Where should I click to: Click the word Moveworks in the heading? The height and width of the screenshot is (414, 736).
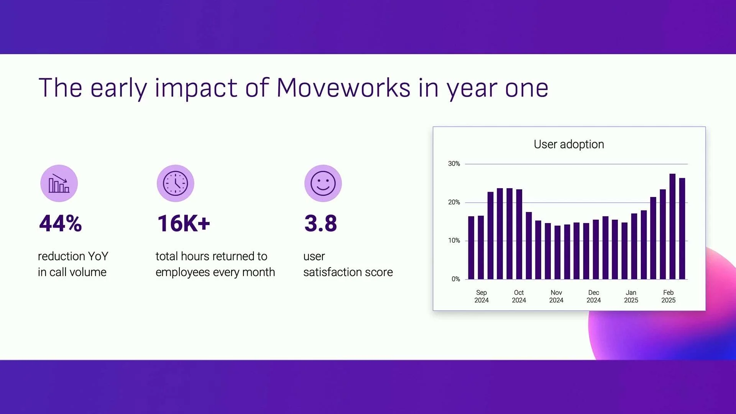click(343, 88)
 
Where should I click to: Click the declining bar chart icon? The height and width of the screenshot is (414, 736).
click(59, 183)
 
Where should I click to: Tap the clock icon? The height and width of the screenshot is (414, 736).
click(175, 183)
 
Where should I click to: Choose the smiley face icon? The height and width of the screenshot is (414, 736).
click(323, 183)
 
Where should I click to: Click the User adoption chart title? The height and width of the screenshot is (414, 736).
click(568, 144)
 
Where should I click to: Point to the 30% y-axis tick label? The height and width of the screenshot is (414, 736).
click(454, 164)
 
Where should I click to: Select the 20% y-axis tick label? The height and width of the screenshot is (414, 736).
click(454, 202)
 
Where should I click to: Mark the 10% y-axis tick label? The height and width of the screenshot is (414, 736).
click(454, 240)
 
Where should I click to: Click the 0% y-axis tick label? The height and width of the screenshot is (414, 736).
click(455, 279)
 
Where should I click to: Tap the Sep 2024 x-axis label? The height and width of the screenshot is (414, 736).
click(481, 296)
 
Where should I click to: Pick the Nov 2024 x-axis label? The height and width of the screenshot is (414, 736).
click(556, 296)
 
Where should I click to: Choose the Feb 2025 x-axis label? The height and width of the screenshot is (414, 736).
click(668, 296)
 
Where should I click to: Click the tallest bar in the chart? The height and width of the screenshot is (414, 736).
click(672, 226)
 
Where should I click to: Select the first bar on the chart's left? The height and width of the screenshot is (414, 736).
click(471, 248)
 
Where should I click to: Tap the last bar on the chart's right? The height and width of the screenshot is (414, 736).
click(682, 228)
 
